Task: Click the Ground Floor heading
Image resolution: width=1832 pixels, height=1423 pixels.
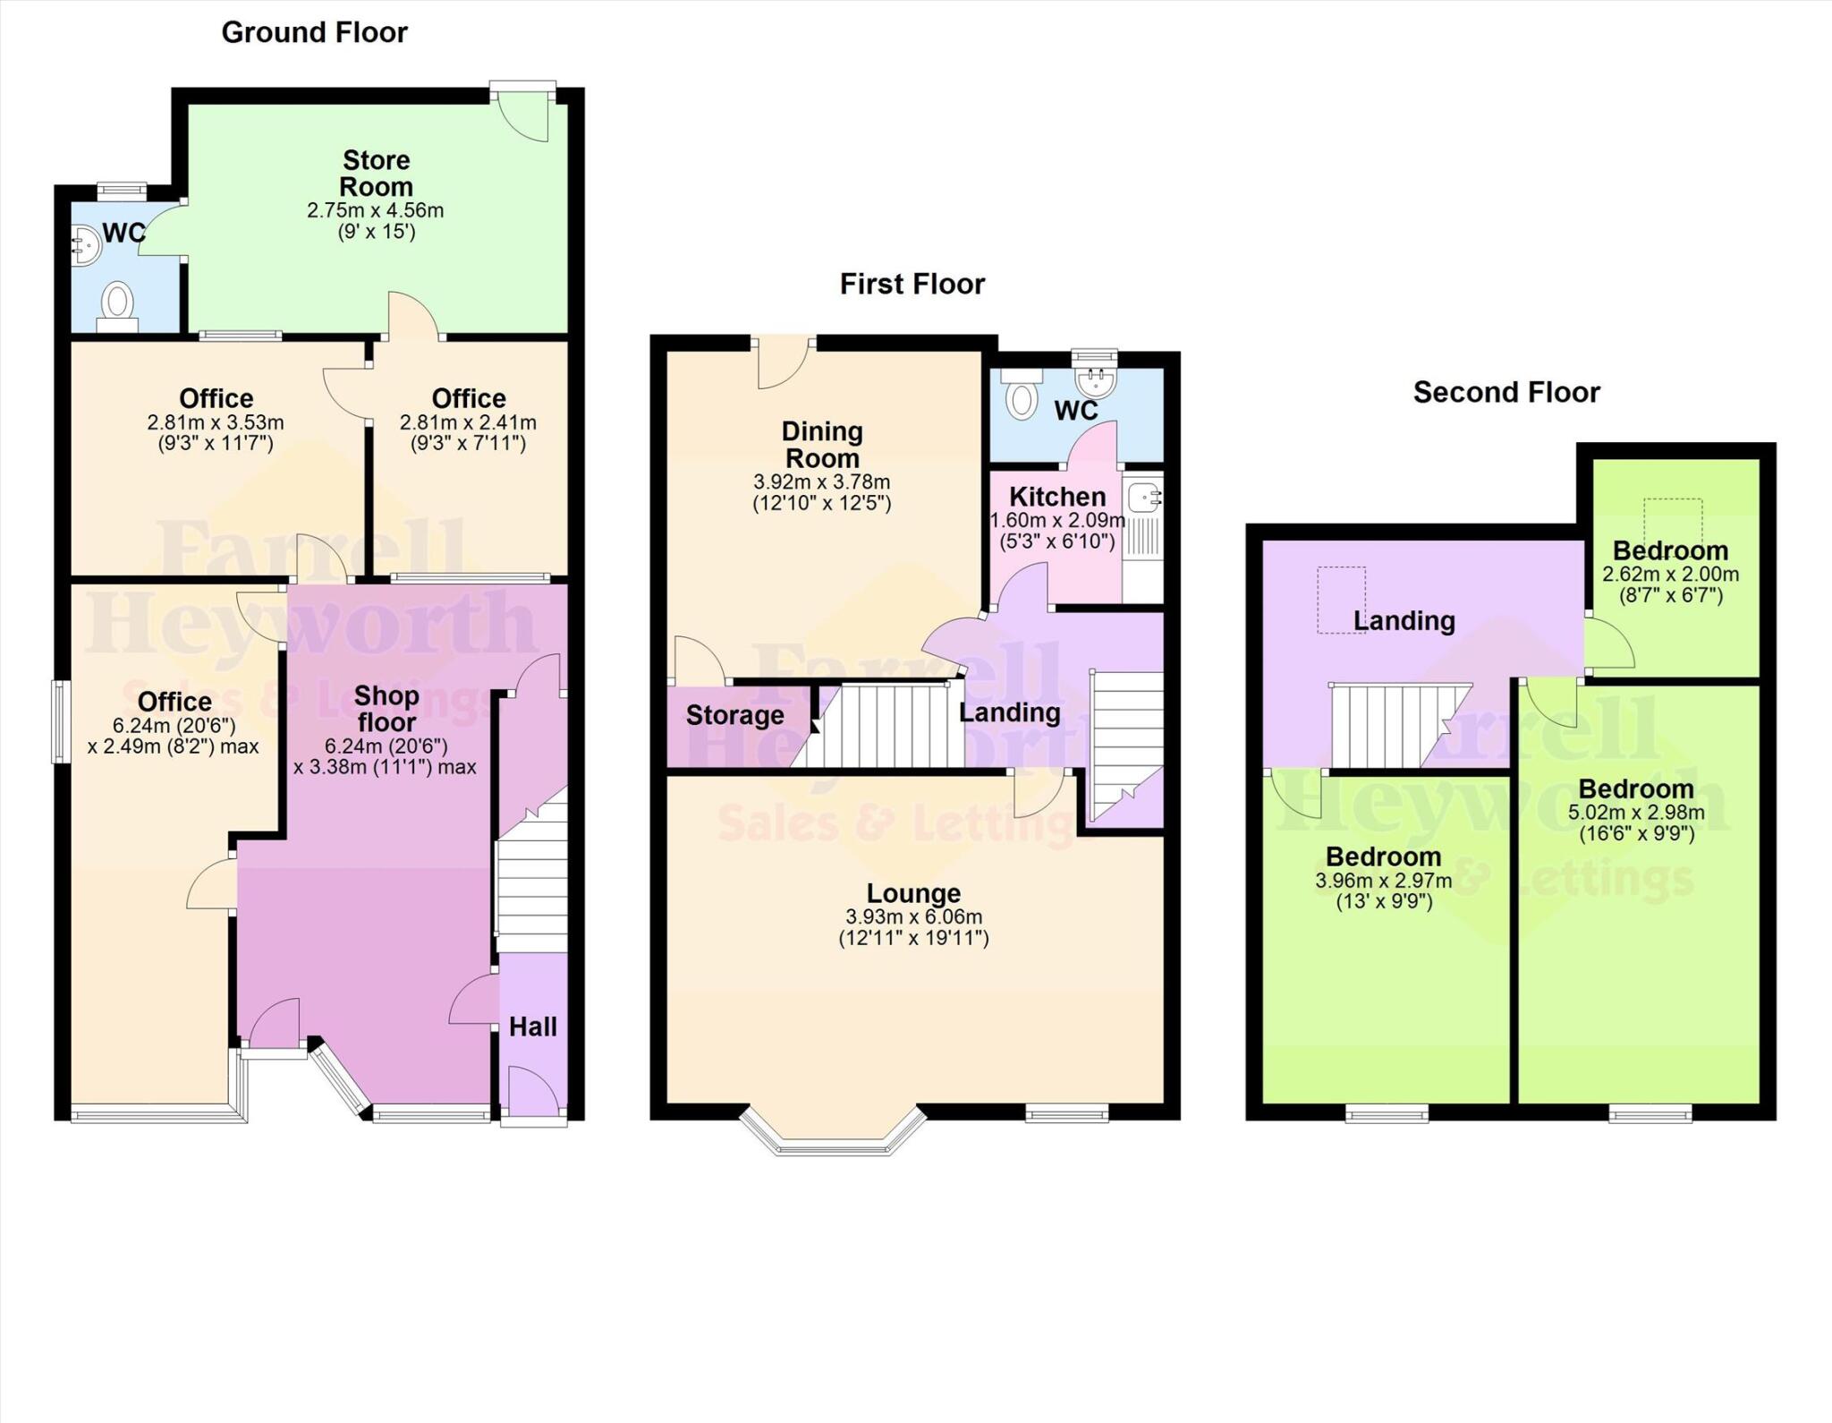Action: [x=314, y=33]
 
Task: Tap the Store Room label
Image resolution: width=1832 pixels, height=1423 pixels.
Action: [x=377, y=174]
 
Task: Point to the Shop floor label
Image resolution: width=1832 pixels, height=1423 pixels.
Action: [x=386, y=709]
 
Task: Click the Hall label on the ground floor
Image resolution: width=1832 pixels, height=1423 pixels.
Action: [x=533, y=1027]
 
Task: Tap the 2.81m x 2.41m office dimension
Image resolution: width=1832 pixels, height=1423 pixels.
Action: [x=468, y=422]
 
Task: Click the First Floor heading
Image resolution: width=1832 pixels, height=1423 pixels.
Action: [x=912, y=285]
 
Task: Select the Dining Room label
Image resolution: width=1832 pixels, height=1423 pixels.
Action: [x=822, y=445]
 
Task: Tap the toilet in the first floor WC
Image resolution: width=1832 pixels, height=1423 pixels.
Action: [x=1021, y=396]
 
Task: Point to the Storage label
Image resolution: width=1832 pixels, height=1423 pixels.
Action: [x=734, y=715]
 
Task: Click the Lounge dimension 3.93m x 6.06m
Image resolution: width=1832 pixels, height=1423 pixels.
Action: [x=913, y=917]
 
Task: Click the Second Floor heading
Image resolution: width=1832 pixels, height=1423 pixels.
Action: [x=1505, y=392]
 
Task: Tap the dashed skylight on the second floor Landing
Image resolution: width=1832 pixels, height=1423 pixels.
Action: [x=1341, y=600]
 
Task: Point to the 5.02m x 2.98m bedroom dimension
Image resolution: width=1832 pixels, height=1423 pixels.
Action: [x=1636, y=814]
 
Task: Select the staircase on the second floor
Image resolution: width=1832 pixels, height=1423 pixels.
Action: [x=1391, y=725]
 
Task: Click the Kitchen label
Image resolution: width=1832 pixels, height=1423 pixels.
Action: [x=1057, y=497]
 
